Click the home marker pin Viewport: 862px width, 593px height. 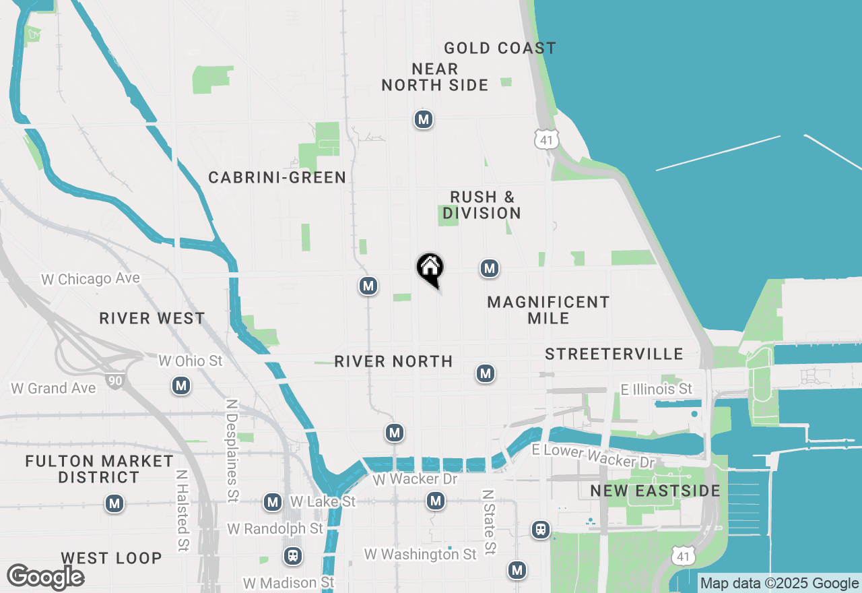pyautogui.click(x=430, y=269)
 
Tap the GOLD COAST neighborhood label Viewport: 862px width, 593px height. pyautogui.click(x=500, y=48)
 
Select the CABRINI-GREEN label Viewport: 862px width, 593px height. pyautogui.click(x=277, y=177)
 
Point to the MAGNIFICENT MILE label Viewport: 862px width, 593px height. pyautogui.click(x=548, y=309)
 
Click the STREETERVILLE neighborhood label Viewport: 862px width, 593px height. pyautogui.click(x=614, y=354)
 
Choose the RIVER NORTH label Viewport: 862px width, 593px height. pyautogui.click(x=393, y=361)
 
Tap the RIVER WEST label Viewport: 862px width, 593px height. pyautogui.click(x=152, y=318)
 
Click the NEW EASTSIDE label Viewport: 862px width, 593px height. pyautogui.click(x=655, y=491)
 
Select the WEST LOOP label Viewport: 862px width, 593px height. pyautogui.click(x=111, y=558)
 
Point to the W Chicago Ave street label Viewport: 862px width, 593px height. pyautogui.click(x=90, y=279)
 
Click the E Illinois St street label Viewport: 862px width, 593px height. pyautogui.click(x=656, y=389)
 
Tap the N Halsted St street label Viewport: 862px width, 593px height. pyautogui.click(x=182, y=511)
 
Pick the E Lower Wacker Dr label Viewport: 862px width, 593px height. pyautogui.click(x=593, y=456)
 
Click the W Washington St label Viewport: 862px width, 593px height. pyautogui.click(x=420, y=554)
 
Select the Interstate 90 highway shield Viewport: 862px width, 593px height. pyautogui.click(x=114, y=381)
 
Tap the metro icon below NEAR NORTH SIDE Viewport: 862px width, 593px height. pyautogui.click(x=423, y=119)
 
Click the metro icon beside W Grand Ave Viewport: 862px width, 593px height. pyautogui.click(x=180, y=385)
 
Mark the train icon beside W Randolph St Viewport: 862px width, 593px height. pyautogui.click(x=292, y=556)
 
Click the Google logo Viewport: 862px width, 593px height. pyautogui.click(x=45, y=577)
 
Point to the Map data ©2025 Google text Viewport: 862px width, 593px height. pyautogui.click(x=779, y=584)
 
